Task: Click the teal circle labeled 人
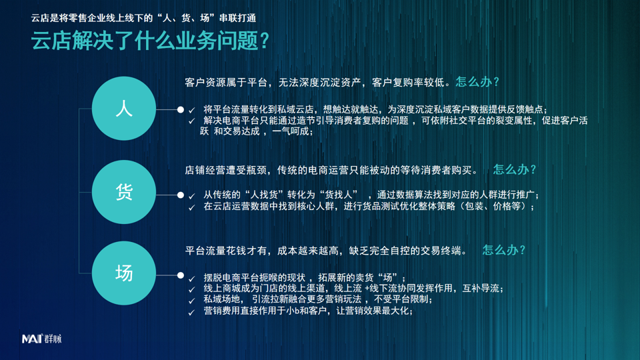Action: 124,109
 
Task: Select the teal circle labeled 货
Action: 124,192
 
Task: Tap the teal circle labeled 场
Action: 124,273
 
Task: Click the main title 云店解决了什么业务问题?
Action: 150,41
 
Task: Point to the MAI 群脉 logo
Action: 41,339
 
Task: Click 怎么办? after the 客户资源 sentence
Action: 477,82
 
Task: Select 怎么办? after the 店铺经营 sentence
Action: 514,169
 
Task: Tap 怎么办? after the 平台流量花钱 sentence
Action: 504,250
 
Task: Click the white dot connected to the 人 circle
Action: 181,109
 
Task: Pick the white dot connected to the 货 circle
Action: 181,195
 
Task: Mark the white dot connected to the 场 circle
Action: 181,275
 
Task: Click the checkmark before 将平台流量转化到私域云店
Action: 192,110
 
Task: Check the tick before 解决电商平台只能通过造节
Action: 192,121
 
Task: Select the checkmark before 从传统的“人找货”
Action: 192,196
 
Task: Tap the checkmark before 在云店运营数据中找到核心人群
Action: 192,207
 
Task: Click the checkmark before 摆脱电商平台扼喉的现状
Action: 192,279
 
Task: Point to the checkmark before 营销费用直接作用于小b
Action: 192,313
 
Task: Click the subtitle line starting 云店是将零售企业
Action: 143,18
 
